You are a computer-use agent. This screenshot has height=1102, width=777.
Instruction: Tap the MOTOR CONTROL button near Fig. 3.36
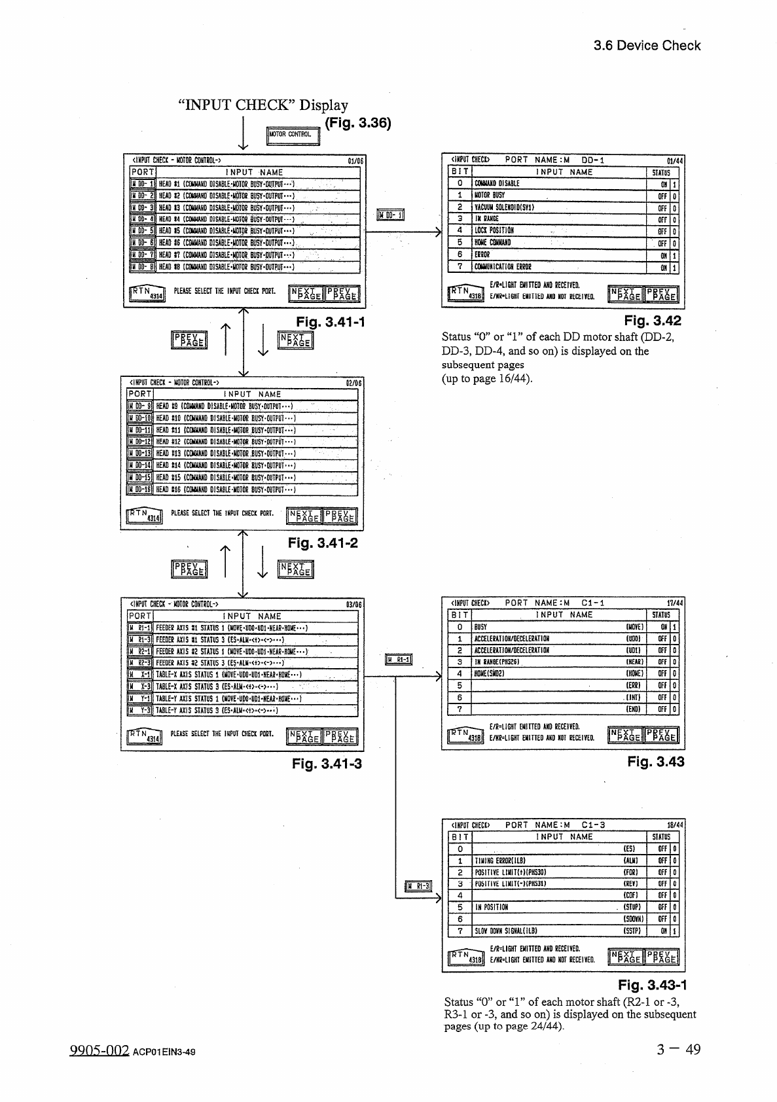point(293,135)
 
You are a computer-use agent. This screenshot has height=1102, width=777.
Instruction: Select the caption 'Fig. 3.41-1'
point(330,322)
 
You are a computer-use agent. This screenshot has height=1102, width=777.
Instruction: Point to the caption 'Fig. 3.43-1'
point(653,986)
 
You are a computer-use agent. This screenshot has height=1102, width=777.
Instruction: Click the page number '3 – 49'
point(679,1050)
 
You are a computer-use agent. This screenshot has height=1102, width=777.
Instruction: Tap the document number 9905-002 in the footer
point(98,1050)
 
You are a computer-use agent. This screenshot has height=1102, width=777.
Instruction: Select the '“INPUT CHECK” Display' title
point(263,105)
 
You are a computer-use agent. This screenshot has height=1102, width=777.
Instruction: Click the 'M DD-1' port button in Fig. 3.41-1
point(142,184)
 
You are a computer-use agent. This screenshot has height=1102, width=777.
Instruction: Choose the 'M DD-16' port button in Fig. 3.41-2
point(139,489)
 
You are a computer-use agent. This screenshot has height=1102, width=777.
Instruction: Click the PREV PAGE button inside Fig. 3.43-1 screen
point(661,957)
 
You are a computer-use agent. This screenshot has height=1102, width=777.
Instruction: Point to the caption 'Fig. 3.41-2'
point(323,543)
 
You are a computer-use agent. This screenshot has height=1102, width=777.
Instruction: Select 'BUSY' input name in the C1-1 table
point(481,627)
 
